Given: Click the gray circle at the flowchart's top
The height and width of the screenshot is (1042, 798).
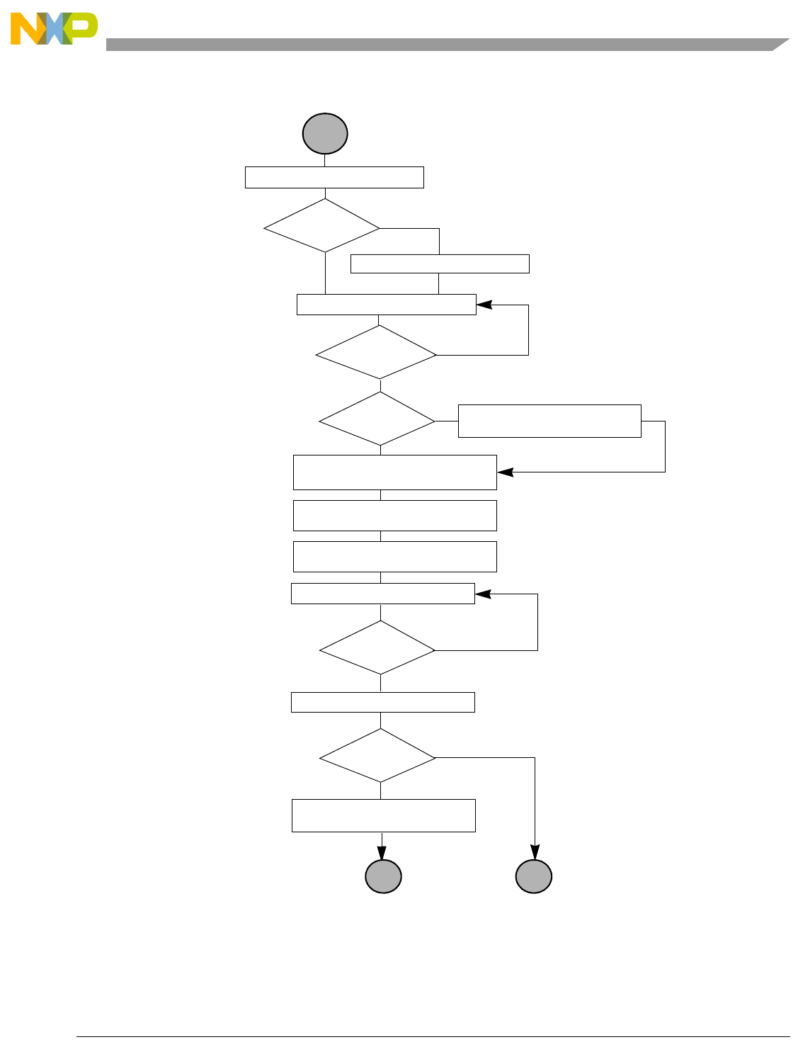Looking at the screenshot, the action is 325,133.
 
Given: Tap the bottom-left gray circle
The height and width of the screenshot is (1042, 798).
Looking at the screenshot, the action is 383,876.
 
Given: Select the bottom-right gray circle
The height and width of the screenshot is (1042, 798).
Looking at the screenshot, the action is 534,876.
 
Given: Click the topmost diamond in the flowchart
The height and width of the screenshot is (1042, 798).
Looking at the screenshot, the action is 321,225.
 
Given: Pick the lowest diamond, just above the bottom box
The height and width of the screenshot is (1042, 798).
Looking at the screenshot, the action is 377,756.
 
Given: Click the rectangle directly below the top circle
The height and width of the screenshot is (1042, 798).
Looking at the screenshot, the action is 334,177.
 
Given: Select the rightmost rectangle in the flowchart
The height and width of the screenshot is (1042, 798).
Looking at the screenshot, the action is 549,421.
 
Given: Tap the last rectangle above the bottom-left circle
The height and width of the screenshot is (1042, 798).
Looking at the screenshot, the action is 383,815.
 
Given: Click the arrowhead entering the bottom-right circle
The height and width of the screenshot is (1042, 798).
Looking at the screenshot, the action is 535,852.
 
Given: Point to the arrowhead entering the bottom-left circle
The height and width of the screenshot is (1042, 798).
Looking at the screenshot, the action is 383,852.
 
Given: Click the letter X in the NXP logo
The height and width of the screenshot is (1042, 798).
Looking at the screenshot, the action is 55,29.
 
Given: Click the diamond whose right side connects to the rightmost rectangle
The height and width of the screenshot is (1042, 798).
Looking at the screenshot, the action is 377,419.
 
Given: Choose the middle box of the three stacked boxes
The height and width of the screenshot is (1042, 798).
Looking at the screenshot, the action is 394,516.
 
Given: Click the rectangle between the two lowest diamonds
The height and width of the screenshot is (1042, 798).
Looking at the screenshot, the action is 382,702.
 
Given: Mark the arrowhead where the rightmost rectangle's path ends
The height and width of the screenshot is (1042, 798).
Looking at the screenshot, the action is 504,472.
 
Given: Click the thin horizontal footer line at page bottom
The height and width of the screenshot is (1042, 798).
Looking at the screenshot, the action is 432,1037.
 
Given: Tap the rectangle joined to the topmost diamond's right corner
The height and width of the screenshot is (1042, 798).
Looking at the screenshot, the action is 440,264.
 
